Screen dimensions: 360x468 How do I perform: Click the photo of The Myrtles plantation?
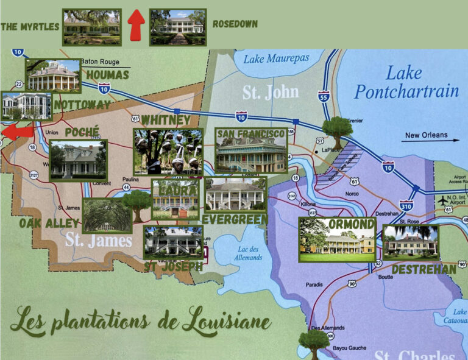pyautogui.click(x=92, y=27)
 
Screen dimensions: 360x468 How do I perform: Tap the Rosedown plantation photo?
pyautogui.click(x=177, y=27)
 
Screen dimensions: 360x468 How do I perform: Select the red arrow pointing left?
pyautogui.click(x=16, y=132)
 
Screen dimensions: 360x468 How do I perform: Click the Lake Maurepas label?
pyautogui.click(x=276, y=59)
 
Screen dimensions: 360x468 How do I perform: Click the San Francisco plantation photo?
pyautogui.click(x=251, y=150)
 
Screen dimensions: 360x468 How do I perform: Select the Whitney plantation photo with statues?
pyautogui.click(x=168, y=152)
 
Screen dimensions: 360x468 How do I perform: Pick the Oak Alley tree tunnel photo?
pyautogui.click(x=107, y=215)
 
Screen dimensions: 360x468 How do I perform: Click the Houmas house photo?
pyautogui.click(x=53, y=76)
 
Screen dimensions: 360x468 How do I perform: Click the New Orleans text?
pyautogui.click(x=426, y=135)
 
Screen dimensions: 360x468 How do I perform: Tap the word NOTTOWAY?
pyautogui.click(x=82, y=105)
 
